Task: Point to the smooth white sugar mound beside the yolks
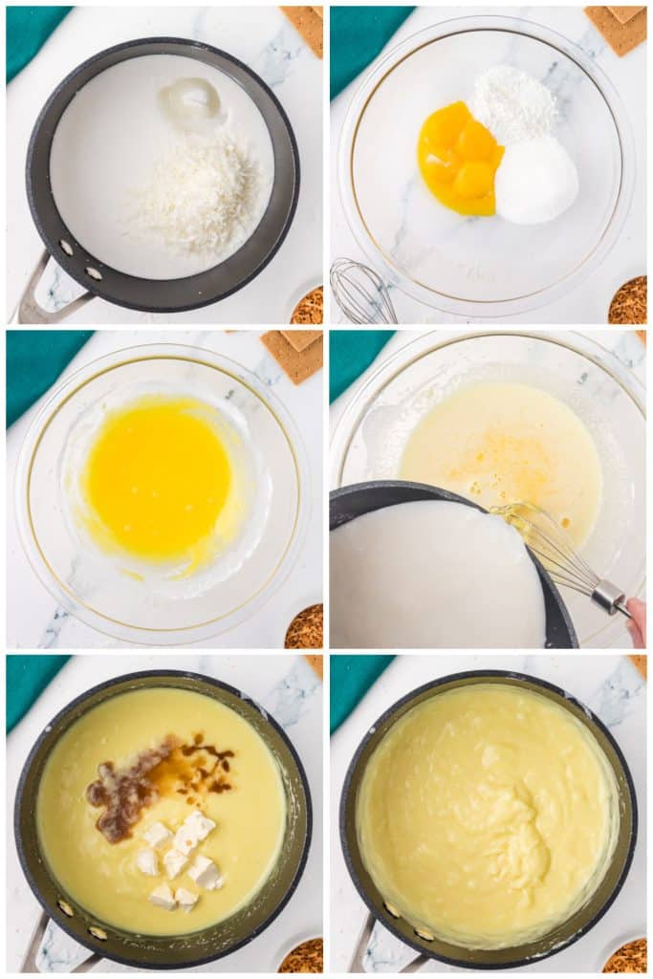(x=535, y=181)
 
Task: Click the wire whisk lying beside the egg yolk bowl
(x=361, y=293)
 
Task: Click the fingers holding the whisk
(x=636, y=620)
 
